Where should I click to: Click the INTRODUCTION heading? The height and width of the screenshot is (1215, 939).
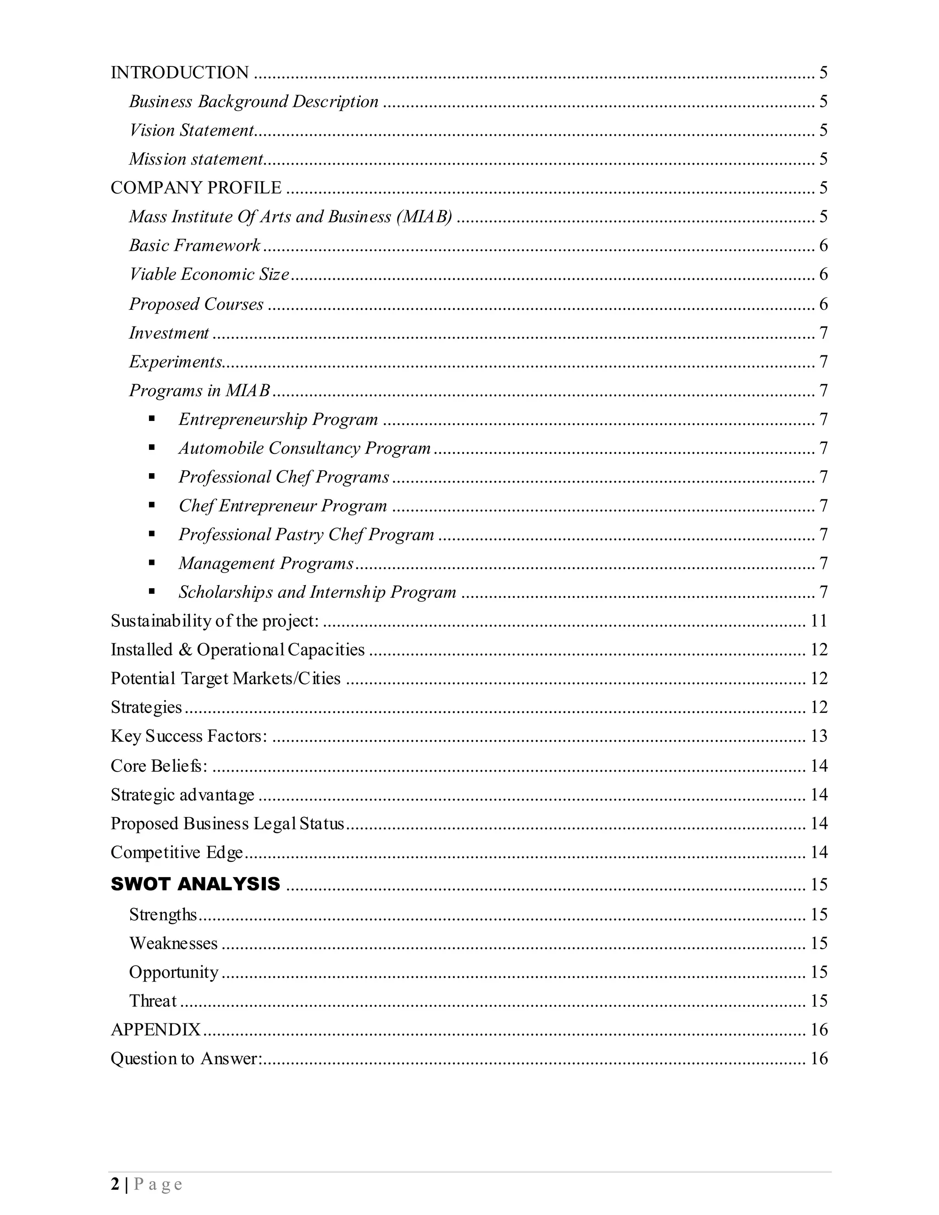click(180, 73)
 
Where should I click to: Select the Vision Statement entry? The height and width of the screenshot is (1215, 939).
click(191, 130)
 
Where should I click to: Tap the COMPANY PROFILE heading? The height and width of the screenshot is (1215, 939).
click(196, 188)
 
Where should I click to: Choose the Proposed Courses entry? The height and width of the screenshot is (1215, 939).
click(196, 304)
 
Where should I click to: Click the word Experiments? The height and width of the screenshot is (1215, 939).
click(175, 362)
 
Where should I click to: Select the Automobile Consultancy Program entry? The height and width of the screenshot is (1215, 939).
click(304, 448)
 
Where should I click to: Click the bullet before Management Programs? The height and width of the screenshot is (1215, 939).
click(152, 563)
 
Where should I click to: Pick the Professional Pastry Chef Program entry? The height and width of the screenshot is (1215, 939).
click(306, 535)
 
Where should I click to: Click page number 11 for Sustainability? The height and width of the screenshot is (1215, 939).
click(819, 621)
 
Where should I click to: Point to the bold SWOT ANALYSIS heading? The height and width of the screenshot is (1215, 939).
click(195, 884)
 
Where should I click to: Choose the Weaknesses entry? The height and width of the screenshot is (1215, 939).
click(173, 943)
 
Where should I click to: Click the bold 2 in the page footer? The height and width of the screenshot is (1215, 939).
click(115, 1185)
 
